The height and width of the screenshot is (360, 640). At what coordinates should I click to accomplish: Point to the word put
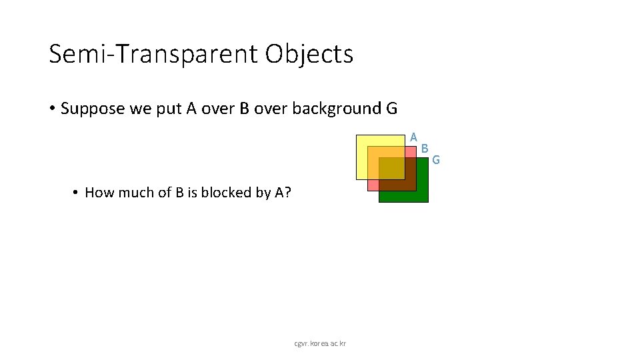(x=167, y=109)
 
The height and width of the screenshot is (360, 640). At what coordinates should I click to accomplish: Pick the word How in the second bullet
(x=98, y=193)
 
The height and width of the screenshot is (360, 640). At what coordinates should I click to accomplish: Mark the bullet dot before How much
(x=77, y=193)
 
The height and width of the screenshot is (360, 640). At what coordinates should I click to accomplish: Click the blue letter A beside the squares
(x=414, y=137)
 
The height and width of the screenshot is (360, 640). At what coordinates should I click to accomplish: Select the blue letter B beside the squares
(x=425, y=148)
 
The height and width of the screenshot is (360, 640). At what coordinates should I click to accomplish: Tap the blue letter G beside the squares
(x=436, y=159)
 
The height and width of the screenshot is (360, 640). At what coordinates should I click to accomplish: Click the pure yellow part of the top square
(x=362, y=160)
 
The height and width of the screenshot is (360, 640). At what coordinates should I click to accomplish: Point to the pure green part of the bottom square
(x=403, y=196)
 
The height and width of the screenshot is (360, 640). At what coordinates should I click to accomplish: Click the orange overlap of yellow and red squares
(x=387, y=152)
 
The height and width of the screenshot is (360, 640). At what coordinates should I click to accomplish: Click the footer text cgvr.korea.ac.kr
(x=320, y=343)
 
